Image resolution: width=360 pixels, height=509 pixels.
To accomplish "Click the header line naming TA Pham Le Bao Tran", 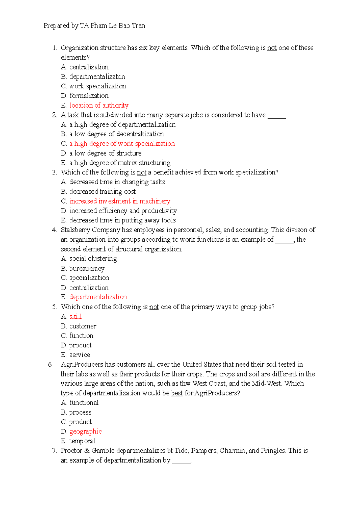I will [x=94, y=26].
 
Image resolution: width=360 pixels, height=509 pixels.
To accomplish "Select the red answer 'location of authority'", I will [x=99, y=105].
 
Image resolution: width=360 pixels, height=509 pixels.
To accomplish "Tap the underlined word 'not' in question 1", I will [x=272, y=48].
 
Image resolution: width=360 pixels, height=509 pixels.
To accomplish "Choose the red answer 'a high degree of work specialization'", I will [x=122, y=144].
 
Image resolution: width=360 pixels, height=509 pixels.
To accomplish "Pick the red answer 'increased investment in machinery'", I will [x=120, y=201].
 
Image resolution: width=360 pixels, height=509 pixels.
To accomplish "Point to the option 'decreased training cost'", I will [x=102, y=192].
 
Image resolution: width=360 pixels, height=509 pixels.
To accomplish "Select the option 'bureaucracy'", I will [x=87, y=269].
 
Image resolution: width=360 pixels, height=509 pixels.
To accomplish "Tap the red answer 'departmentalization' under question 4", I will [x=98, y=297].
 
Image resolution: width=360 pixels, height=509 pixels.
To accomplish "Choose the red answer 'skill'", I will [x=75, y=317].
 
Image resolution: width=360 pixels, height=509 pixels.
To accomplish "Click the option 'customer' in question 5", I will [x=82, y=326].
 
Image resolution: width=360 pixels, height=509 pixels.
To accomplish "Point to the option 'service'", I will [x=79, y=355].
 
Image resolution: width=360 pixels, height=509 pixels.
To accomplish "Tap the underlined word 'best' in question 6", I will [x=177, y=393].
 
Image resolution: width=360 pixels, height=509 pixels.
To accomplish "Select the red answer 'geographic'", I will [x=85, y=432].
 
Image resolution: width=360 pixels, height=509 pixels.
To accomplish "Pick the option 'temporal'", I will [x=82, y=441].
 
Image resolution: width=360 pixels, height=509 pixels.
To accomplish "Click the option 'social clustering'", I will [x=93, y=259].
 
